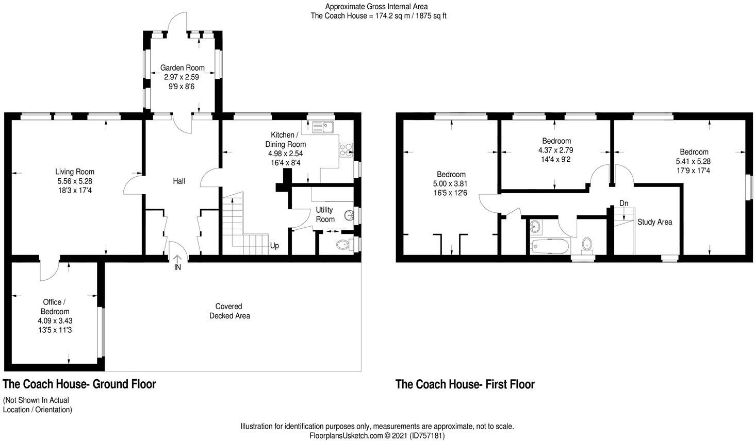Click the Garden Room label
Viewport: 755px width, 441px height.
(182, 68)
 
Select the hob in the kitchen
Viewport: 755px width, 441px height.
(345, 149)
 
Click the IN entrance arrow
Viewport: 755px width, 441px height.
(177, 260)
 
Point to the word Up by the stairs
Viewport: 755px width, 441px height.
(274, 246)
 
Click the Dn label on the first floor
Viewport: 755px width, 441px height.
(623, 203)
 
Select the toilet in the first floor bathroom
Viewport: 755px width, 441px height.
(587, 244)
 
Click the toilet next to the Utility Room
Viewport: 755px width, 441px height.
(342, 244)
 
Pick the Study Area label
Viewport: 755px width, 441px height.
(654, 222)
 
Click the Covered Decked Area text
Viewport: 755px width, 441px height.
(229, 311)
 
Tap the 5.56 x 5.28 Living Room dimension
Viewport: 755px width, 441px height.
(75, 181)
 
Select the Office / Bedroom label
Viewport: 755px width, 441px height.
(55, 307)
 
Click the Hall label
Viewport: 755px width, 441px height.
(179, 181)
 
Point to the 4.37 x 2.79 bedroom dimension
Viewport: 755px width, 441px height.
(556, 150)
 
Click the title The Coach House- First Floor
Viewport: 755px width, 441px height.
(465, 384)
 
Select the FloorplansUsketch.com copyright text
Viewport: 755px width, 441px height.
(377, 436)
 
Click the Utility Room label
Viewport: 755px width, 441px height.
(325, 214)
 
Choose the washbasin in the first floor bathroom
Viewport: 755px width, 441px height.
(535, 226)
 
